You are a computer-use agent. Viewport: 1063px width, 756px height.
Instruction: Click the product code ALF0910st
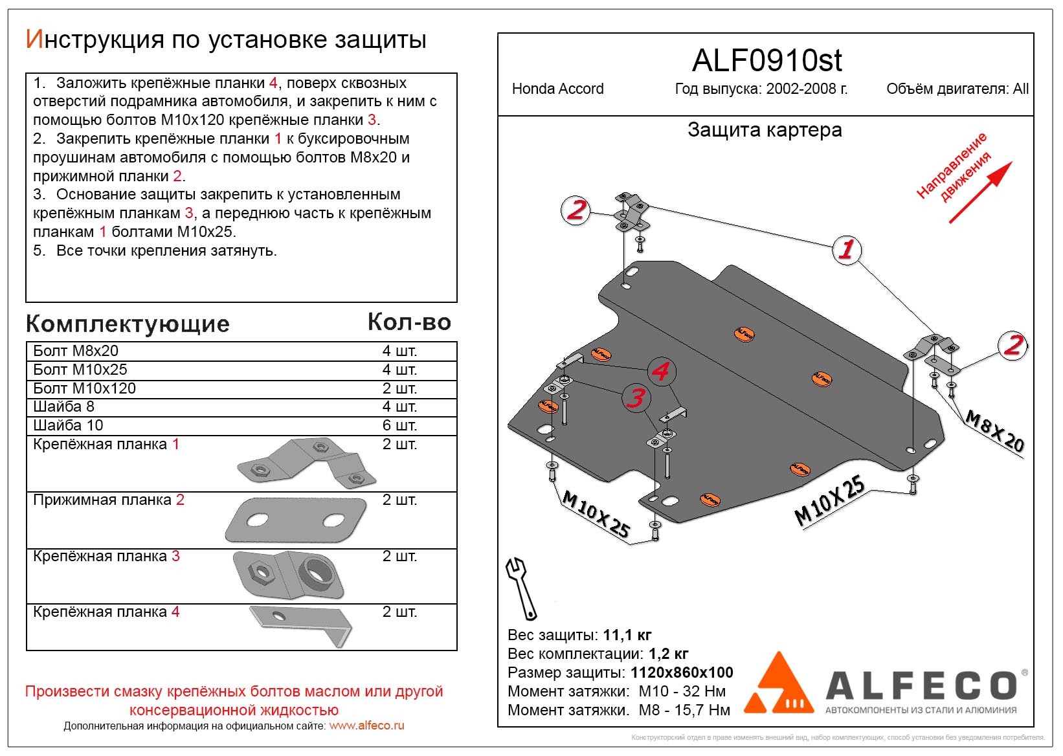pyautogui.click(x=766, y=61)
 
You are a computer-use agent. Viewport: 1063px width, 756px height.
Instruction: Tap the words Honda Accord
pyautogui.click(x=557, y=89)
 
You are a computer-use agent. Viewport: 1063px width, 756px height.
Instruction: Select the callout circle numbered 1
pyautogui.click(x=846, y=249)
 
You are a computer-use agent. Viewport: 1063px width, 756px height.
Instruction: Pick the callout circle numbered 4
pyautogui.click(x=660, y=371)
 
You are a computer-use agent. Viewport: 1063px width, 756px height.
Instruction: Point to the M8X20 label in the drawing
pyautogui.click(x=994, y=431)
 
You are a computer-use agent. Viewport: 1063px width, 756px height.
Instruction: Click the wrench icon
pyautogui.click(x=520, y=588)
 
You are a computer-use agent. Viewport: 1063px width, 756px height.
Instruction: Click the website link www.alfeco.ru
pyautogui.click(x=366, y=726)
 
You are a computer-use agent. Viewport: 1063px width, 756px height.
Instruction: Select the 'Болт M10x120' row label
pyautogui.click(x=85, y=388)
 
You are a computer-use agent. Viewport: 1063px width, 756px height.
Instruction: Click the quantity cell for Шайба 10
pyautogui.click(x=399, y=425)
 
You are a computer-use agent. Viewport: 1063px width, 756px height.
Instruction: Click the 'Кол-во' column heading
pyautogui.click(x=409, y=322)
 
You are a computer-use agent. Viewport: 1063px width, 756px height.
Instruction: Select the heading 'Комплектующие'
pyautogui.click(x=128, y=324)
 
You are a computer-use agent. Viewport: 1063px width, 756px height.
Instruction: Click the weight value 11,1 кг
pyautogui.click(x=627, y=635)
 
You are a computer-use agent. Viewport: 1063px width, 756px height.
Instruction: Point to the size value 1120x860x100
pyautogui.click(x=682, y=673)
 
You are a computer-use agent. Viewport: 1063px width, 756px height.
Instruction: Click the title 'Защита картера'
pyautogui.click(x=765, y=130)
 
